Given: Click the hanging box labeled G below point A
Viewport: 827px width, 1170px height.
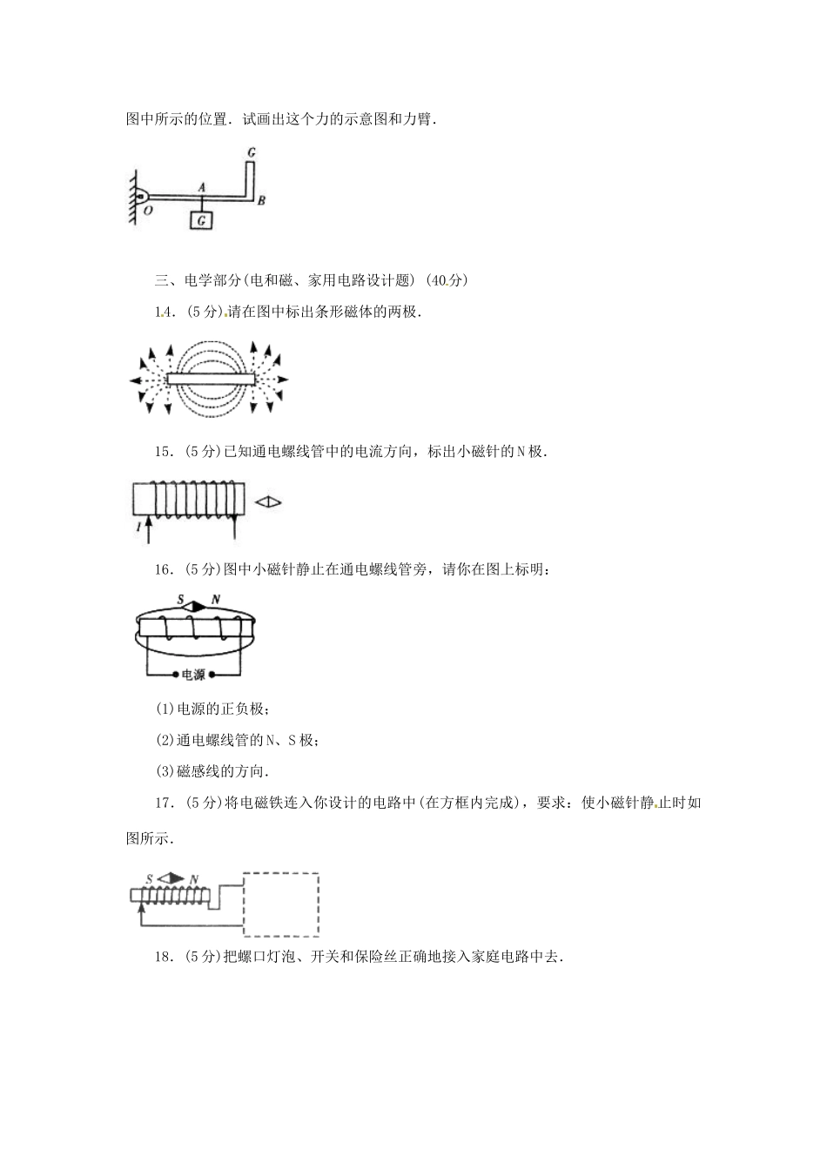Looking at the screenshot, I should pyautogui.click(x=202, y=220).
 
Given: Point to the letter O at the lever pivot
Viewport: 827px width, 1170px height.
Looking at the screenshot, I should pyautogui.click(x=147, y=211).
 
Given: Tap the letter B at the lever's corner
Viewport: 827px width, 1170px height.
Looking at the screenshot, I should pyautogui.click(x=260, y=201).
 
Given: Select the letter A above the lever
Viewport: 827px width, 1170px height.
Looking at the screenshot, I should pyautogui.click(x=202, y=186).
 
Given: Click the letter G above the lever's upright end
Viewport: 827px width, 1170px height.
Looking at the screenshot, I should pyautogui.click(x=251, y=152).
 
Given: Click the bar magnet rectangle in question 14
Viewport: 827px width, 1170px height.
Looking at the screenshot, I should pyautogui.click(x=212, y=379).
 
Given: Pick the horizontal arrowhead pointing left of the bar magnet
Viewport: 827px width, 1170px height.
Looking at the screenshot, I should pyautogui.click(x=134, y=380).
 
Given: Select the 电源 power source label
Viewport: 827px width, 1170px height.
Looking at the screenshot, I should pyautogui.click(x=193, y=675).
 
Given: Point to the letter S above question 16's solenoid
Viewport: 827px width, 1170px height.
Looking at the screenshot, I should pyautogui.click(x=180, y=600).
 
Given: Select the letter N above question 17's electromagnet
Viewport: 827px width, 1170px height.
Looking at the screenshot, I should pyautogui.click(x=192, y=879).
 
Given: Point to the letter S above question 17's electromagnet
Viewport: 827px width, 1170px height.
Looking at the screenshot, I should pyautogui.click(x=151, y=879).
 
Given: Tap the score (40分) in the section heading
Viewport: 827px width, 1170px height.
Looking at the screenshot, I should pyautogui.click(x=448, y=280).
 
